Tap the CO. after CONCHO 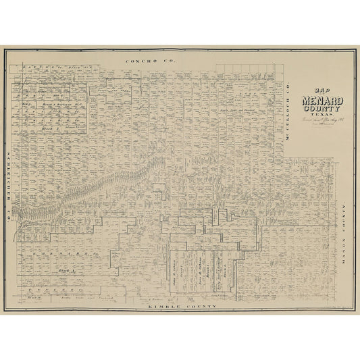pyautogui.click(x=161, y=61)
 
